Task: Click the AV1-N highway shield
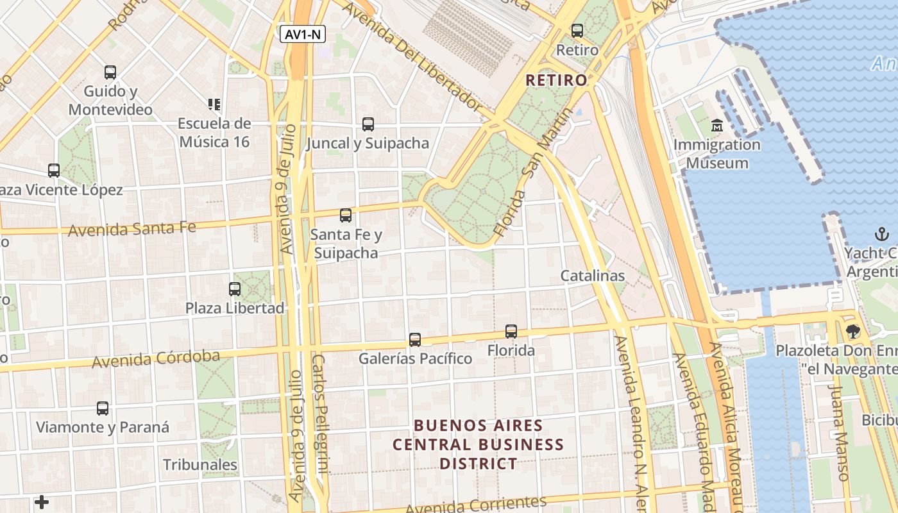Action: (303, 35)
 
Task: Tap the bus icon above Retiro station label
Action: (577, 30)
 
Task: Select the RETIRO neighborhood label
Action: (556, 80)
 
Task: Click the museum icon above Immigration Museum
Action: (717, 125)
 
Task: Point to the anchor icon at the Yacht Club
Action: (882, 234)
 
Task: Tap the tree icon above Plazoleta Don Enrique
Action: (852, 332)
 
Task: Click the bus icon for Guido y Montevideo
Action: (110, 72)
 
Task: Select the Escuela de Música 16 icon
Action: (214, 104)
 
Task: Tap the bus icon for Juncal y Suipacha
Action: (368, 124)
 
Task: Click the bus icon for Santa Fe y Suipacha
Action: (346, 215)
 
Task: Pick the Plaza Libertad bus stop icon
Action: (235, 289)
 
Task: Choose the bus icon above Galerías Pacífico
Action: (415, 340)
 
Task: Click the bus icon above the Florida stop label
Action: (511, 332)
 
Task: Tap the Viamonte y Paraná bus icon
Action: (103, 408)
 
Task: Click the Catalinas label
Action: (593, 276)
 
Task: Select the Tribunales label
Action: (200, 465)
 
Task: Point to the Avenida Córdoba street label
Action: (156, 359)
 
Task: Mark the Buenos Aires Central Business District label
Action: (479, 444)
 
